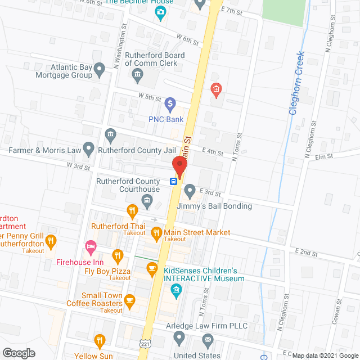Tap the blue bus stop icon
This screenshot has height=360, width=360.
pyautogui.click(x=174, y=181)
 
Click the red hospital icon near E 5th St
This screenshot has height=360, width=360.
pyautogui.click(x=215, y=88)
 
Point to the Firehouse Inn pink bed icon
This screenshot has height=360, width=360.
pyautogui.click(x=89, y=246)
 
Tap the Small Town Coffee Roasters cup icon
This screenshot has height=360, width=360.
pyautogui.click(x=129, y=300)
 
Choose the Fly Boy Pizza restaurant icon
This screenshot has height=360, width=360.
pyautogui.click(x=118, y=256)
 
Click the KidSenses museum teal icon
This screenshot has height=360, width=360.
pyautogui.click(x=176, y=290)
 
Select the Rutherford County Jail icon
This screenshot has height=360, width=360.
pyautogui.click(x=110, y=134)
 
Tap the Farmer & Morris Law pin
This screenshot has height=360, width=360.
pyautogui.click(x=88, y=148)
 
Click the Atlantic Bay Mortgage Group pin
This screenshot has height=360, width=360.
pyautogui.click(x=100, y=70)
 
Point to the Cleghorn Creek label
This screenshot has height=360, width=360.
pyautogui.click(x=296, y=83)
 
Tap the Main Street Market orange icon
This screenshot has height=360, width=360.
pyautogui.click(x=152, y=232)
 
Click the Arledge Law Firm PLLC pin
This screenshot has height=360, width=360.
pyautogui.click(x=179, y=337)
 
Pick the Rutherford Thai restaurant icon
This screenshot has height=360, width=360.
pyautogui.click(x=132, y=211)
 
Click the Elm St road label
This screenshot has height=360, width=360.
pyautogui.click(x=325, y=157)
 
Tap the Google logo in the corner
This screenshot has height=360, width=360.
pyautogui.click(x=18, y=353)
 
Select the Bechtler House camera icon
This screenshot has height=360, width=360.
pyautogui.click(x=161, y=12)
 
